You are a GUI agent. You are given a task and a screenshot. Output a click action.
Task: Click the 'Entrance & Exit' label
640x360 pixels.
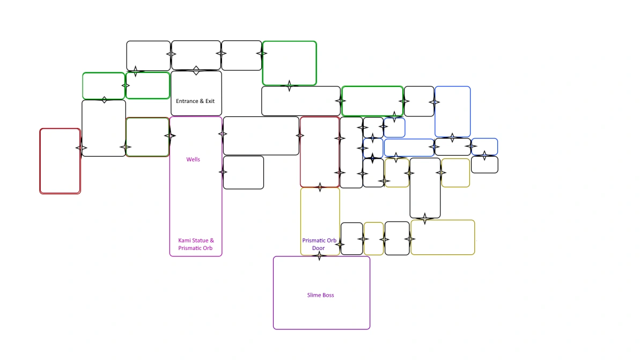click(195, 101)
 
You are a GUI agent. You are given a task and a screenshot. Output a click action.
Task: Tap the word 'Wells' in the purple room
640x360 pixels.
click(193, 159)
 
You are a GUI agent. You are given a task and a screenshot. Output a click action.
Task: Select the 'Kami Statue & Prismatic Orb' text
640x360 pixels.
click(196, 244)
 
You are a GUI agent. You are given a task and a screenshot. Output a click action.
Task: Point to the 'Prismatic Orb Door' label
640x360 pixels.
click(319, 244)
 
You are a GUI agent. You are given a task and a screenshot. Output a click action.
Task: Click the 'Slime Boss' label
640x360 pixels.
click(321, 295)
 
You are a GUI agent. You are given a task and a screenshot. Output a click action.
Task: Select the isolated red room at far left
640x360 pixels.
click(60, 161)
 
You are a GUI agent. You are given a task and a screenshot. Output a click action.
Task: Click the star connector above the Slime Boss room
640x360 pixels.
click(320, 255)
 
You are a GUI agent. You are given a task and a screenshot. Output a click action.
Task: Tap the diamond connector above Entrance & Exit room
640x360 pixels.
click(196, 70)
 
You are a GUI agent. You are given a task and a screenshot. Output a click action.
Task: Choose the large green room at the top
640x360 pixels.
click(289, 63)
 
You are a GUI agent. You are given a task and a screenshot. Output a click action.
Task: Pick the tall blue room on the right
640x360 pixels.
click(452, 112)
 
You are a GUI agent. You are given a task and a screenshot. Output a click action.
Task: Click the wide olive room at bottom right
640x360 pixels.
click(443, 237)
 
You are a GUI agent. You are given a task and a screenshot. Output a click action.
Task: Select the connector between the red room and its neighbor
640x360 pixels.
click(81, 148)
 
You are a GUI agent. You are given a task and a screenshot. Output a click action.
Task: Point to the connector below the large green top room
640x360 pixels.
click(289, 85)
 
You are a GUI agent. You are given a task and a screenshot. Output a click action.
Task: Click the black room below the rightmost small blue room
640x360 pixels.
click(484, 165)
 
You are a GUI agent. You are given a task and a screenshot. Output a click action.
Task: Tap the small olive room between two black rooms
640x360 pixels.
click(373, 239)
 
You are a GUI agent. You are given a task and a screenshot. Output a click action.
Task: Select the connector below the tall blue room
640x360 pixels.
click(452, 138)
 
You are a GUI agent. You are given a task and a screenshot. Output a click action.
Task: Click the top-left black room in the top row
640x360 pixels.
click(148, 55)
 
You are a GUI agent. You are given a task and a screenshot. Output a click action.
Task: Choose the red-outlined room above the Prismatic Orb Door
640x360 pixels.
click(320, 152)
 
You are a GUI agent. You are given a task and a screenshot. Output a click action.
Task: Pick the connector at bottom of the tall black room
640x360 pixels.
click(425, 218)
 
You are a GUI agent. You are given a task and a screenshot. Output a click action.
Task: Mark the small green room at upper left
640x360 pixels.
click(104, 86)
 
